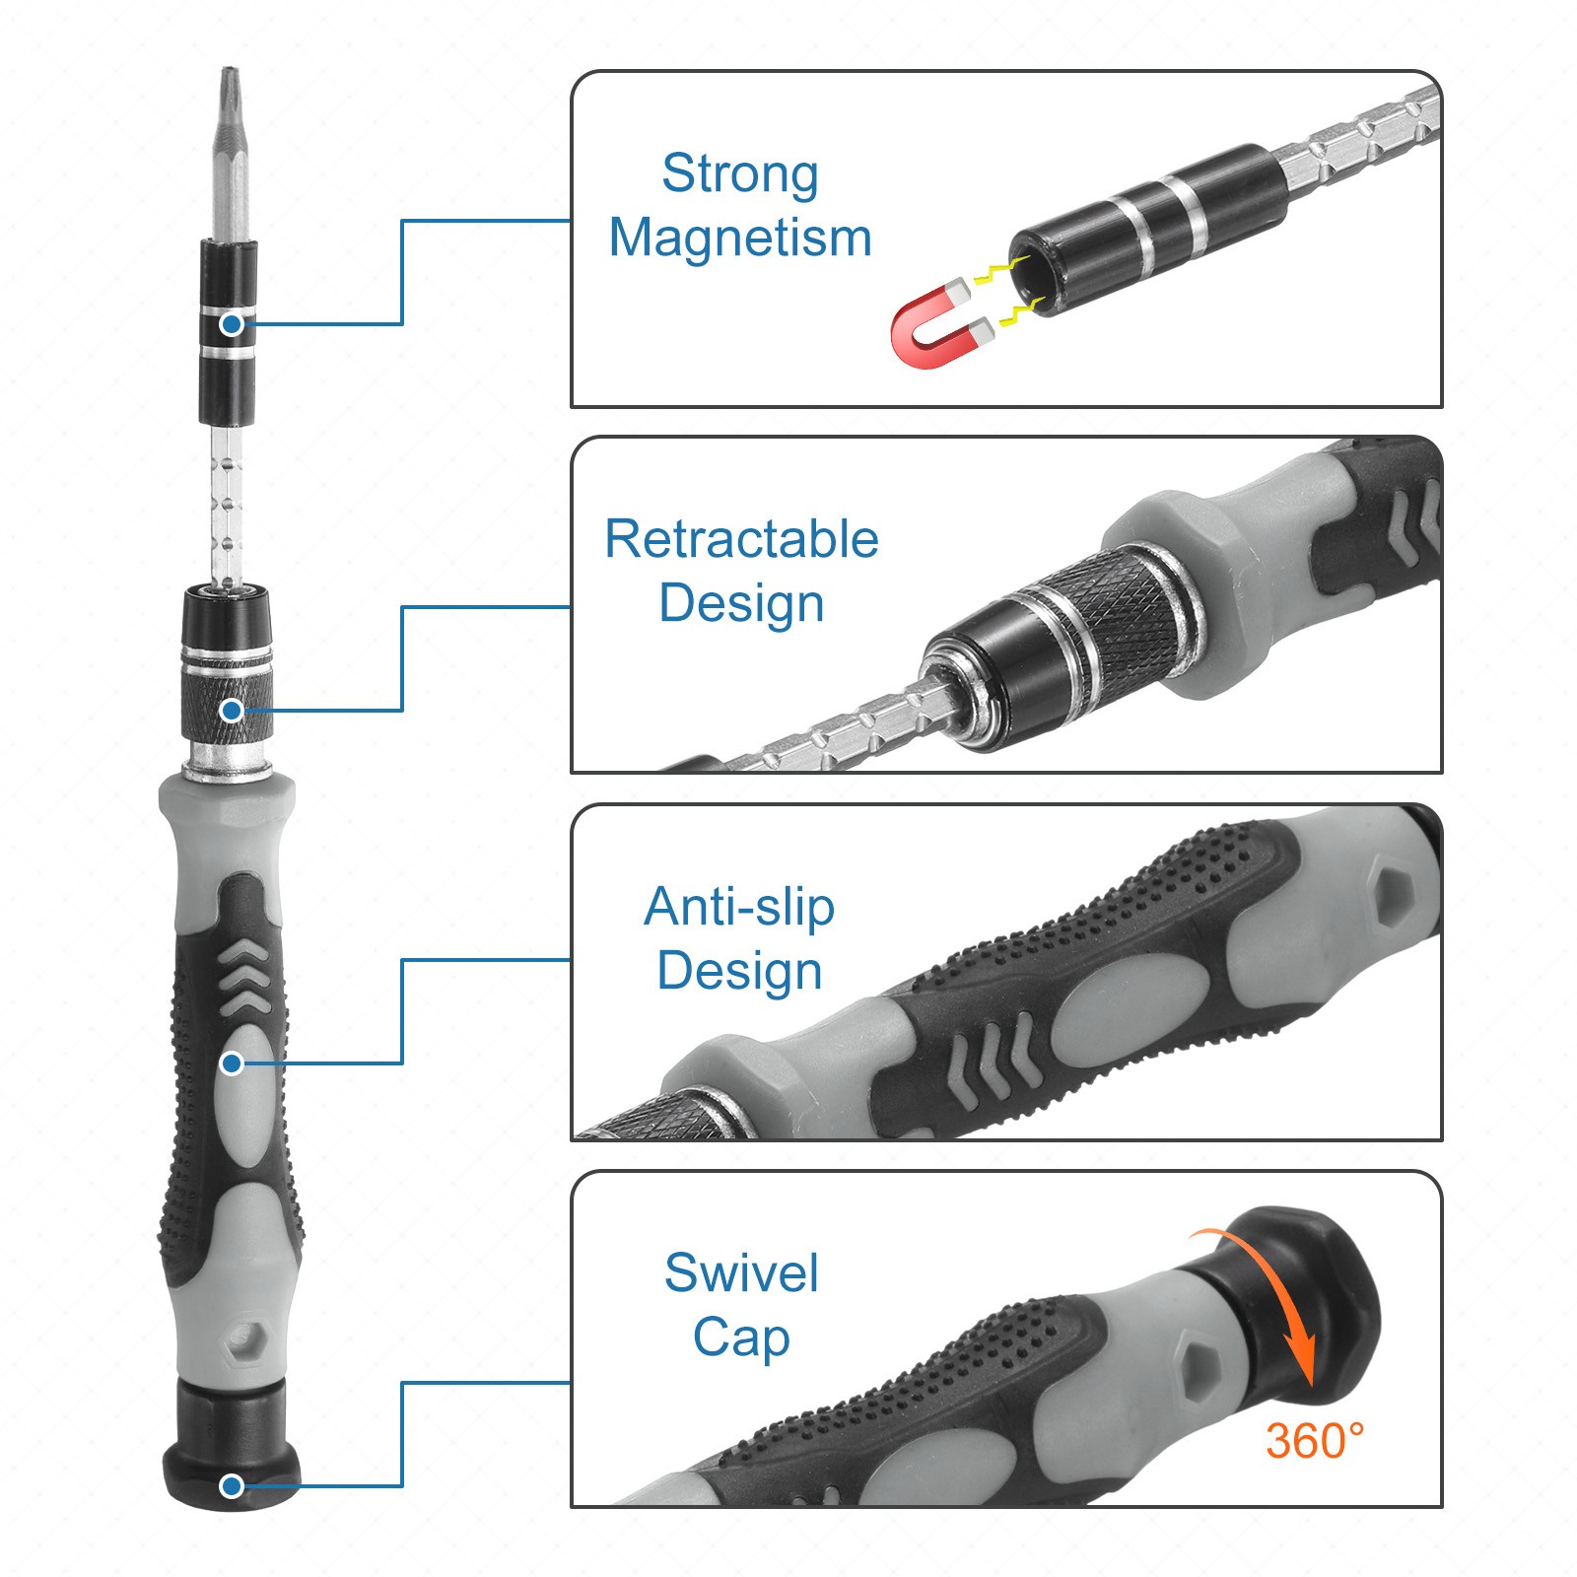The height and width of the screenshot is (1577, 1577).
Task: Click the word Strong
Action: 739,175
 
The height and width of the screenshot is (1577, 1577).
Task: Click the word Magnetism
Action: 739,239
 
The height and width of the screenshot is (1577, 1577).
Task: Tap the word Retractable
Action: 741,540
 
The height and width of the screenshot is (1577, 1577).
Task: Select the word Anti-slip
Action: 739,907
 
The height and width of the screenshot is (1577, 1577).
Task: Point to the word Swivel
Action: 741,1273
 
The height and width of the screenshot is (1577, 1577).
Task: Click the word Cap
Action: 741,1338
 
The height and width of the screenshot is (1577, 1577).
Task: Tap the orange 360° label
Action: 1315,1441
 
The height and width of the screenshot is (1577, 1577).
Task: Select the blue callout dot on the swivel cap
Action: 232,1485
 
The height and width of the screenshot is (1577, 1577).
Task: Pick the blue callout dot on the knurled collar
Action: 232,710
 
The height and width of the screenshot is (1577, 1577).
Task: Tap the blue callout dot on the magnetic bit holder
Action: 232,323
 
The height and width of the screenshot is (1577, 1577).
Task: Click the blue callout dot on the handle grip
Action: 232,1063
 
